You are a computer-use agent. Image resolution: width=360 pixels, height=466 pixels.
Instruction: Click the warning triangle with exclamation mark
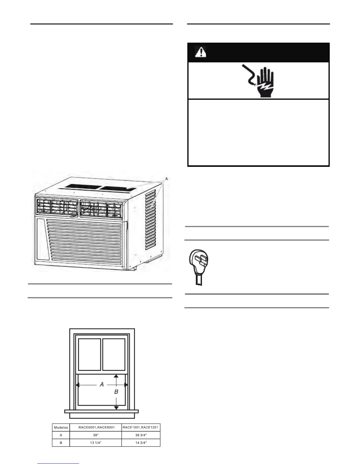201,52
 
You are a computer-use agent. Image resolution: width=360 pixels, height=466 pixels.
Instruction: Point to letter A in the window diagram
102,384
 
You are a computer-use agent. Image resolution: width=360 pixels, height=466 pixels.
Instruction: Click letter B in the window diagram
116,392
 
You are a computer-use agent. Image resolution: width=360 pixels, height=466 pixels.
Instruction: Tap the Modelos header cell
61,427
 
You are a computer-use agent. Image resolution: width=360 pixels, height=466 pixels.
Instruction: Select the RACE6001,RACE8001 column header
95,427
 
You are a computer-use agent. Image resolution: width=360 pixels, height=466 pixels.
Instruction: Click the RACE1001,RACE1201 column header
141,427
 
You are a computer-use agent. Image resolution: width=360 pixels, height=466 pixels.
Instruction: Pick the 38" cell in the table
95,435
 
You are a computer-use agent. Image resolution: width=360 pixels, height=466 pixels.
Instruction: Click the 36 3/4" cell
141,435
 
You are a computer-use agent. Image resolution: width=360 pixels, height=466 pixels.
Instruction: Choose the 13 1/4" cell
95,443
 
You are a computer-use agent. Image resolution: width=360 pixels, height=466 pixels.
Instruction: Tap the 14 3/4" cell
141,443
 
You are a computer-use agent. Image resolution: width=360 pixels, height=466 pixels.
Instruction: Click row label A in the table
61,435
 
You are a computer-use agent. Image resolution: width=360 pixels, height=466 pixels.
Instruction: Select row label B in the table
61,443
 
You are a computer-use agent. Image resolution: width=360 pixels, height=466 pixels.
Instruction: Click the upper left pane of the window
90,355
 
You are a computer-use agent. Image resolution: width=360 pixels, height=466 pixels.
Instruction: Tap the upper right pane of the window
114,355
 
